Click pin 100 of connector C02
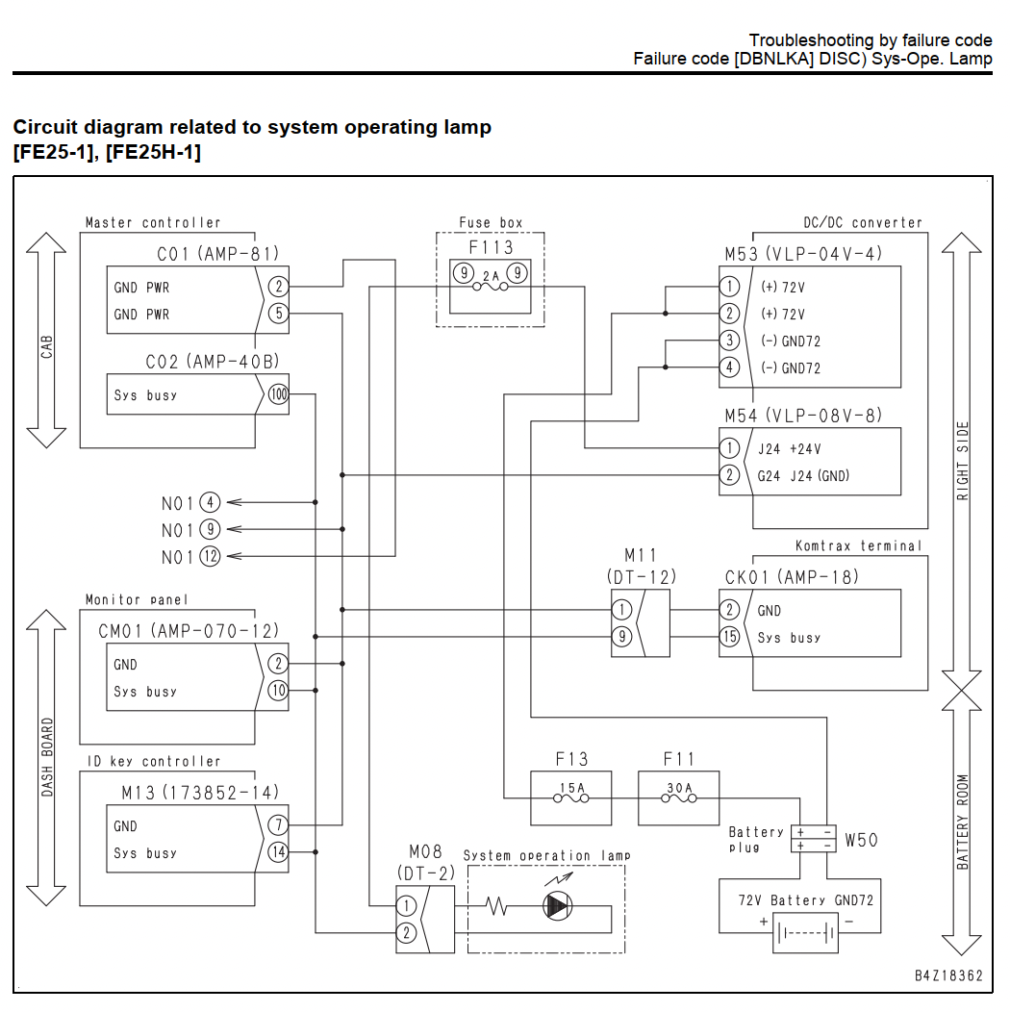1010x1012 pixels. [x=278, y=393]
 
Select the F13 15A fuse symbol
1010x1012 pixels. [x=571, y=798]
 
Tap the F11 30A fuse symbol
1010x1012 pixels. [x=679, y=798]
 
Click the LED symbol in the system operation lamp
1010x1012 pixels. [x=558, y=906]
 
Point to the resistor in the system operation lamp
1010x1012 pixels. [x=497, y=906]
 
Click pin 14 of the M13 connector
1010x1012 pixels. [x=278, y=852]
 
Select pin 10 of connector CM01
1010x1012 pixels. [x=278, y=691]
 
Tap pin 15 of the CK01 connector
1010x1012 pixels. [x=729, y=637]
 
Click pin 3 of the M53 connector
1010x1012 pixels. [x=729, y=341]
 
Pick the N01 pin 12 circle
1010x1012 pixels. [x=210, y=556]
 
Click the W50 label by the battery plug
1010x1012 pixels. [x=861, y=840]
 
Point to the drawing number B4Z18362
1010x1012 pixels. [x=948, y=975]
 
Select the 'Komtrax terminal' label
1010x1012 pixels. [x=858, y=545]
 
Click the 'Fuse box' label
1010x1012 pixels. [x=491, y=222]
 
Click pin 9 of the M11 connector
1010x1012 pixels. [x=621, y=637]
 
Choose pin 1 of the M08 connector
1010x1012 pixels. [x=406, y=905]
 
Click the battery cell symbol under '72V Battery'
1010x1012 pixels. [x=805, y=932]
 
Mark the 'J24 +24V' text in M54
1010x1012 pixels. [x=790, y=448]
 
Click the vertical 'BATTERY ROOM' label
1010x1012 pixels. [x=962, y=822]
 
